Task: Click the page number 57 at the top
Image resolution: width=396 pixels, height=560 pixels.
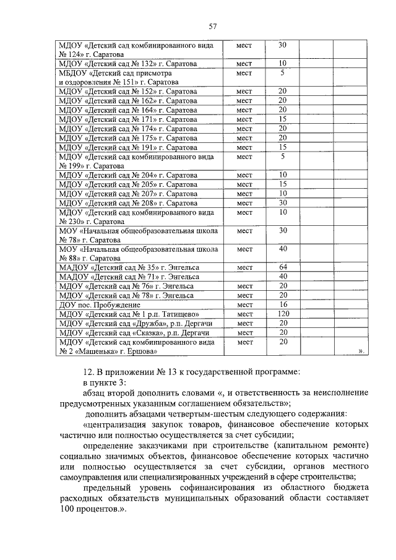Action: tap(212, 26)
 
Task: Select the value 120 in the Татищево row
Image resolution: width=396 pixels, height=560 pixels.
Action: tap(282, 314)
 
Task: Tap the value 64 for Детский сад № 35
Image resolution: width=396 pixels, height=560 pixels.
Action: tap(282, 267)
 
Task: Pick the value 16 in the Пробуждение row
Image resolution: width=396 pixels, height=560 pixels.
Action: tap(282, 304)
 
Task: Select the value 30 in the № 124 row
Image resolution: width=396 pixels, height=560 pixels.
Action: tap(282, 45)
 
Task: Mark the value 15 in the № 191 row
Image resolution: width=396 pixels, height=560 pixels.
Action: tap(282, 147)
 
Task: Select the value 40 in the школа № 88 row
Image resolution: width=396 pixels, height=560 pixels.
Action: tap(282, 249)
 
